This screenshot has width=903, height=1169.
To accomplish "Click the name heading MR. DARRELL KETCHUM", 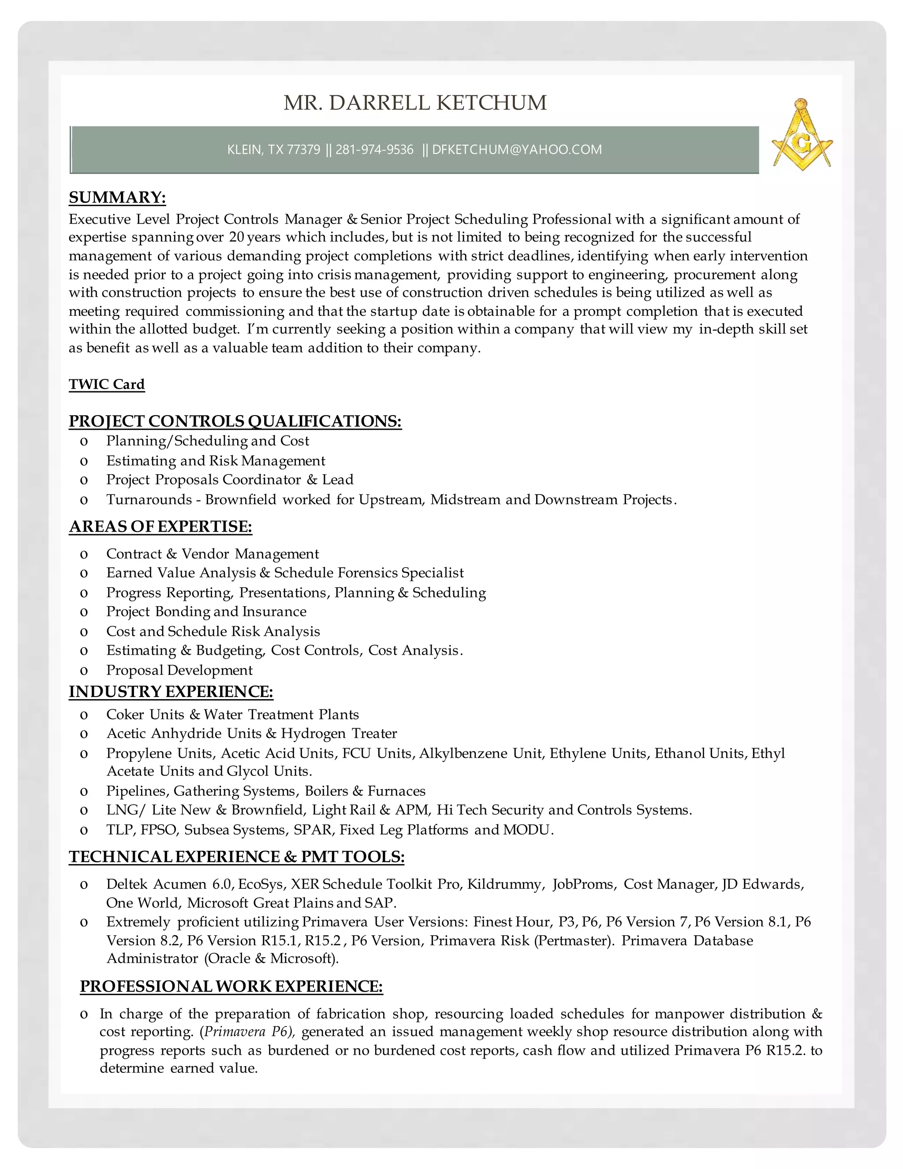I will click(x=415, y=103).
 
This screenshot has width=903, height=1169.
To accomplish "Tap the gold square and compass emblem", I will click(x=802, y=135).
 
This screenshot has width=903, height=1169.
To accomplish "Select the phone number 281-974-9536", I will click(x=374, y=150).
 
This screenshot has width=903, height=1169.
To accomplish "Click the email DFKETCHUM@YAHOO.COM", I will click(x=517, y=150).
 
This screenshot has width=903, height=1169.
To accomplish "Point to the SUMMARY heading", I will click(x=117, y=198).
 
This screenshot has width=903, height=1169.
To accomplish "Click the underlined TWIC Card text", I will click(x=106, y=384).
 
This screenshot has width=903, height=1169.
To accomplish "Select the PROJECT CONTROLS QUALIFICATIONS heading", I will click(x=235, y=421).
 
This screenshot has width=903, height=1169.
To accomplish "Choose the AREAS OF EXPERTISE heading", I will click(x=160, y=527).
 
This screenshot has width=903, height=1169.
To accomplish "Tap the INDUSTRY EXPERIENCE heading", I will click(x=171, y=692).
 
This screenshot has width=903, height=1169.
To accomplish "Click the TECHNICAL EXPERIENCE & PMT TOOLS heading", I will click(x=236, y=857).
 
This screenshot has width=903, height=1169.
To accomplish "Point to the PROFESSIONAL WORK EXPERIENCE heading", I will click(x=231, y=986).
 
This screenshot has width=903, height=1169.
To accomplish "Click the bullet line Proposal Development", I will click(x=179, y=670).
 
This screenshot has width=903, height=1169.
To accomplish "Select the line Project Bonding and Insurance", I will click(x=206, y=611).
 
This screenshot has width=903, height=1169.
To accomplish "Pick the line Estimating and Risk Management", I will click(x=216, y=461).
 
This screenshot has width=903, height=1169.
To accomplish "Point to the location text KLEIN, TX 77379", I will click(x=273, y=150).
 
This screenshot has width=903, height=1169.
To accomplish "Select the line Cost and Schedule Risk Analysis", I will click(x=213, y=632).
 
